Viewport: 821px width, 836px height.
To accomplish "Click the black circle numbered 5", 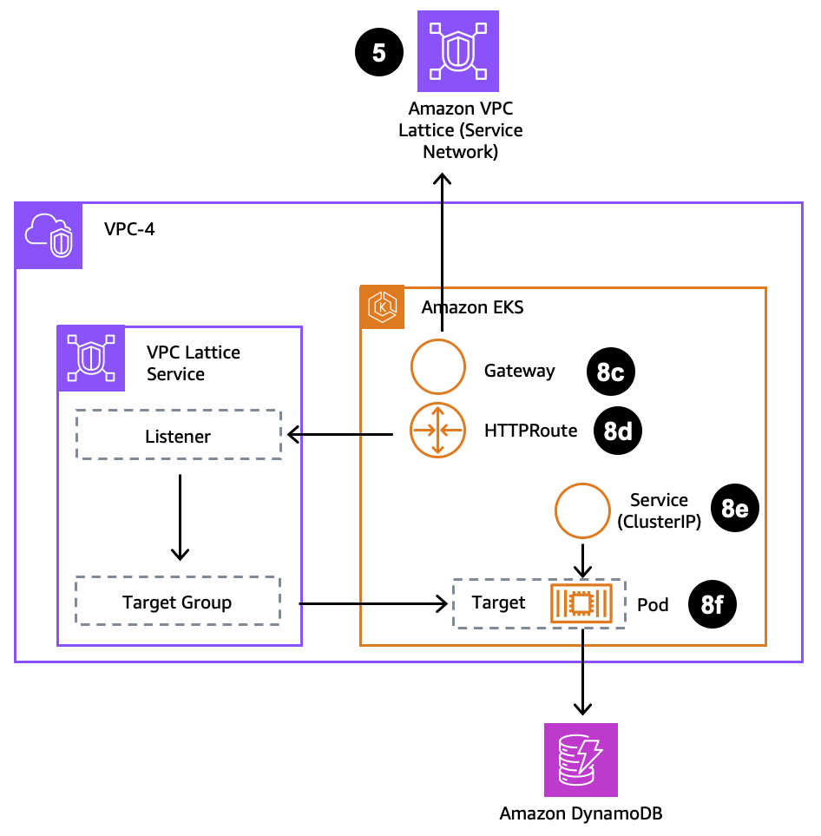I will (x=379, y=53).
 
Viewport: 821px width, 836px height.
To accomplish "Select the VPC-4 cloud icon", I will (x=49, y=236).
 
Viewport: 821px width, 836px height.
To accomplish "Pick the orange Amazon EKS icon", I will (x=382, y=308).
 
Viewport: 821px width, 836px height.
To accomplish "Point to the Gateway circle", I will (x=438, y=367).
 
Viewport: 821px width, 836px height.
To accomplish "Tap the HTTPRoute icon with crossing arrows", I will (x=438, y=430).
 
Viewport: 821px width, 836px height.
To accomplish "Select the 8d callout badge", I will (x=617, y=431).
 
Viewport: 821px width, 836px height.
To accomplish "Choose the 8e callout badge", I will (x=735, y=510).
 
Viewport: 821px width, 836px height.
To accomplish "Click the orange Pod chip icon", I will (x=581, y=603).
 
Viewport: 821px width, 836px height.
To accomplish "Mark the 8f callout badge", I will (x=712, y=604).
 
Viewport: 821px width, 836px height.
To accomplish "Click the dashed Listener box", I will (x=179, y=435).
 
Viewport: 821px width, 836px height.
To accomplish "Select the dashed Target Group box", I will (x=178, y=602).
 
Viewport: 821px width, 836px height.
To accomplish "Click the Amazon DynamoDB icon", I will (x=581, y=760).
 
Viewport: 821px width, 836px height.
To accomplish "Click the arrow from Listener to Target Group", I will (x=180, y=517).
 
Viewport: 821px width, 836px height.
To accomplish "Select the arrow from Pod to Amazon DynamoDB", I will (x=581, y=673).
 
